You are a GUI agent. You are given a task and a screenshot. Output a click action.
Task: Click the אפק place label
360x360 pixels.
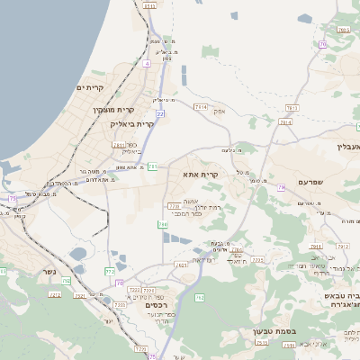(x=220, y=110)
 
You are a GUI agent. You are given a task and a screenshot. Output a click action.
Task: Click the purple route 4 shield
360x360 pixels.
(x=146, y=64)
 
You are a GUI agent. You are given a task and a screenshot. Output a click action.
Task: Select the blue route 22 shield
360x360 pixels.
(x=160, y=114)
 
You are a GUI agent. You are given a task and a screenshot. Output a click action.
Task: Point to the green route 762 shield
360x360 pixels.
(x=200, y=297)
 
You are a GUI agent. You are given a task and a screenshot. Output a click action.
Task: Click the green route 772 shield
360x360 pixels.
(x=110, y=270)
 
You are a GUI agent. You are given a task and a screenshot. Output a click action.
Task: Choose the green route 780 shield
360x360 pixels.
(x=163, y=224)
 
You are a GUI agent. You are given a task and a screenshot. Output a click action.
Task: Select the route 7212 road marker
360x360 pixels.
(x=54, y=294)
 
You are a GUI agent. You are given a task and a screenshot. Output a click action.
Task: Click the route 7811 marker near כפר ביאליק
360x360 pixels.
(x=119, y=144)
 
